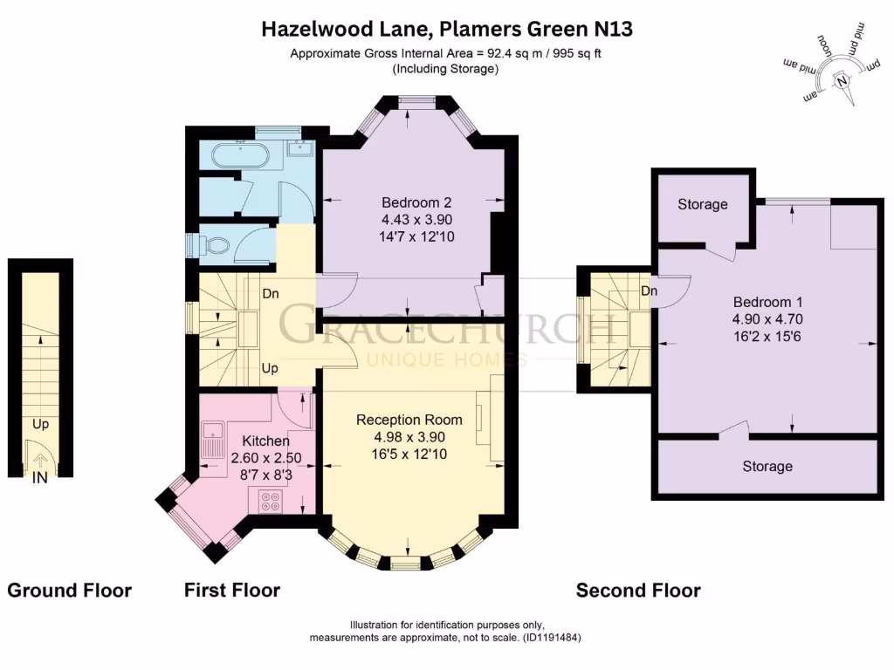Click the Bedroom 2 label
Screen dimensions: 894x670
pyautogui.click(x=416, y=202)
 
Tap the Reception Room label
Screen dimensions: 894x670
pyautogui.click(x=409, y=420)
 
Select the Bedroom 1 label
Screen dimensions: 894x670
pyautogui.click(x=767, y=302)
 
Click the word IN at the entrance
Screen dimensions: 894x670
pyautogui.click(x=40, y=478)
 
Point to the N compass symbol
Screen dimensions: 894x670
pyautogui.click(x=842, y=81)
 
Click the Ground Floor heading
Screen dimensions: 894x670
pyautogui.click(x=70, y=591)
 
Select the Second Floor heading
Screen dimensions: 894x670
pyautogui.click(x=638, y=591)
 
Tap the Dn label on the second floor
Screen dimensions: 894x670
pyautogui.click(x=649, y=291)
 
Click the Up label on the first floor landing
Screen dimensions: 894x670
pyautogui.click(x=270, y=368)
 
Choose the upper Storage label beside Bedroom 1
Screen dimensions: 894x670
pyautogui.click(x=703, y=204)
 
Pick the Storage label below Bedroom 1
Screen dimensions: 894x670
pyautogui.click(x=767, y=466)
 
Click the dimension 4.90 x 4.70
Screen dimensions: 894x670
pyautogui.click(x=767, y=319)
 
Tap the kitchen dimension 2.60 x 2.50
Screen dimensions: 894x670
pyautogui.click(x=265, y=457)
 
